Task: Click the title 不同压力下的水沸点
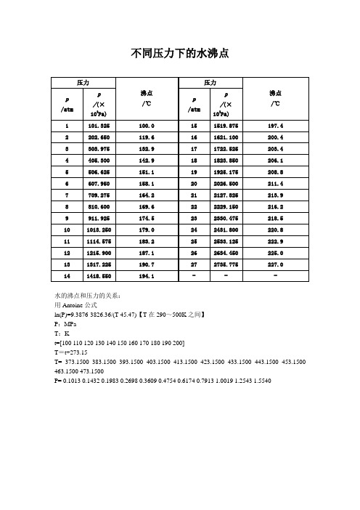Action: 180,52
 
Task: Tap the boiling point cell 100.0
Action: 150,125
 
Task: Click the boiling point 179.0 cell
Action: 150,230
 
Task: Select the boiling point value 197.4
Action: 276,125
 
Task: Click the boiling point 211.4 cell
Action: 276,184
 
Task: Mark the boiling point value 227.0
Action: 276,265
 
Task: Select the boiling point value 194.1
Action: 150,278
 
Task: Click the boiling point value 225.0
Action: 276,254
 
